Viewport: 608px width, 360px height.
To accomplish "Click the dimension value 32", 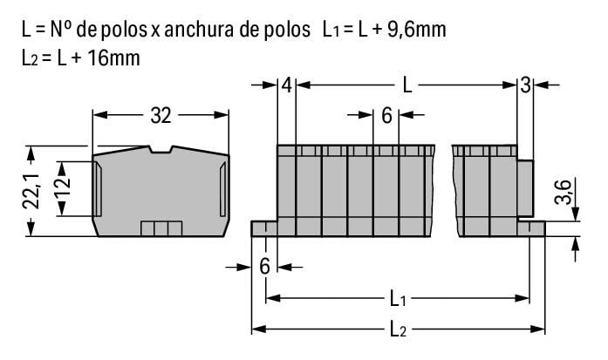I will (161, 115).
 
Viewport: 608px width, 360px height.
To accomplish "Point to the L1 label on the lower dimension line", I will (398, 299).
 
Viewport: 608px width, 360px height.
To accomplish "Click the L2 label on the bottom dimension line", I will (398, 329).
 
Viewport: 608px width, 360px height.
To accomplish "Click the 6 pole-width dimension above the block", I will (386, 114).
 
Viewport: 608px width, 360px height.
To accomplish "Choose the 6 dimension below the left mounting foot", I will (264, 266).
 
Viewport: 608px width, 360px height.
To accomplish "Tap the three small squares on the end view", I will (161, 228).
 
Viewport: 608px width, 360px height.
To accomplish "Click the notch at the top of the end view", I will (161, 150).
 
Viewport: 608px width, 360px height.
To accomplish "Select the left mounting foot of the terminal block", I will (263, 228).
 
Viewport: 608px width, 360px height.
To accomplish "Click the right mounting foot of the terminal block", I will (531, 228).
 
